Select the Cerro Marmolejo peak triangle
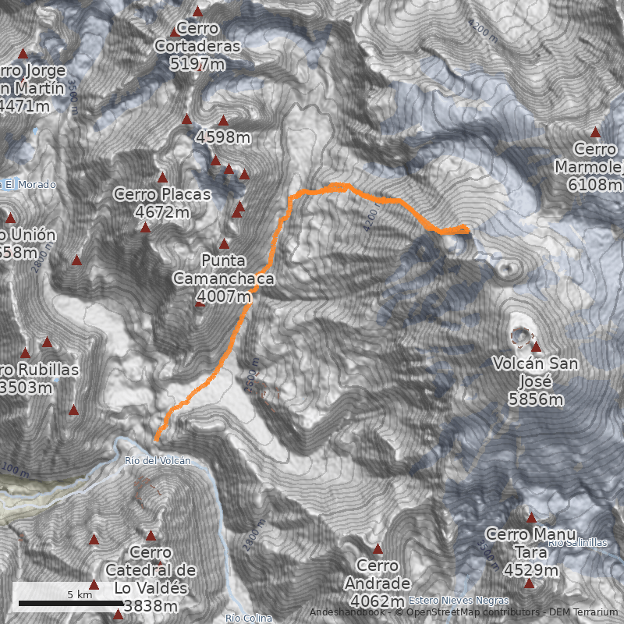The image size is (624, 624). (x=596, y=133)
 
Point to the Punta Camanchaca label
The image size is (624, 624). (x=224, y=278)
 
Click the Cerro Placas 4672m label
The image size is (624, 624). (x=162, y=203)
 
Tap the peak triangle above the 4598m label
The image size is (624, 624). (x=223, y=121)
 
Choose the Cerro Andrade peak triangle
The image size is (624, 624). (x=378, y=548)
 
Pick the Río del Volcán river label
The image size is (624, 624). (x=158, y=461)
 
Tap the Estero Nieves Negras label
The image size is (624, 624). (x=458, y=601)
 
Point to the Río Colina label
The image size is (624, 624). (x=249, y=619)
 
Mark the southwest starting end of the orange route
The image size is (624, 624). (x=156, y=440)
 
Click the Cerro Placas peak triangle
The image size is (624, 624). (x=145, y=228)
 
